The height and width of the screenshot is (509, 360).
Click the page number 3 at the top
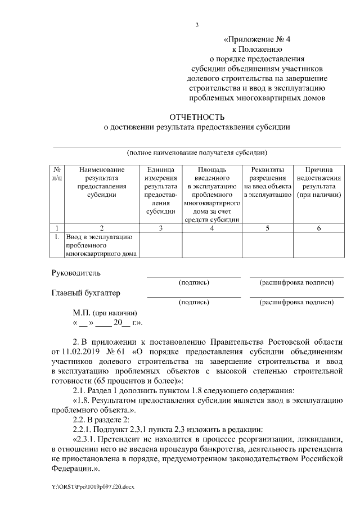tap(197, 25)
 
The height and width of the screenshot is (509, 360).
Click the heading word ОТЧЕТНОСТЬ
tap(197, 117)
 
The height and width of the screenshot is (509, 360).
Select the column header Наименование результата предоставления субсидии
tap(102, 182)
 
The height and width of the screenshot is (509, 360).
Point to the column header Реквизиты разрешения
tap(267, 182)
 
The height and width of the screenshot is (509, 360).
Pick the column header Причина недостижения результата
tap(319, 182)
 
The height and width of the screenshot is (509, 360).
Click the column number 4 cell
tap(212, 228)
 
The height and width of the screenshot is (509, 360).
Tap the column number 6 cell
tap(319, 228)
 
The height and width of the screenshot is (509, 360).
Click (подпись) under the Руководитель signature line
tap(193, 282)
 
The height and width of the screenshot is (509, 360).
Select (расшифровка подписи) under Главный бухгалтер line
tap(296, 302)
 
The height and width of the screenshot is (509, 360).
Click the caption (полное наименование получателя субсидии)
tap(197, 152)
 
